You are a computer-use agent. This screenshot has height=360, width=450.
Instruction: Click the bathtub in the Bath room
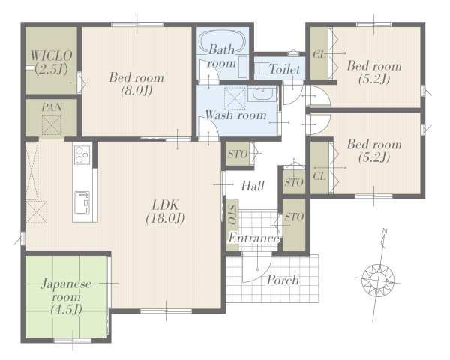pos(223,41)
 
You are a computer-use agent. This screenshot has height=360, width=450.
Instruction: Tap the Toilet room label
pos(285,69)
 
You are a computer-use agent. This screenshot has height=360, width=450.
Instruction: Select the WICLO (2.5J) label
pos(51,62)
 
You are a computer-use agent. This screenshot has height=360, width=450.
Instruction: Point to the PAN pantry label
pos(52,107)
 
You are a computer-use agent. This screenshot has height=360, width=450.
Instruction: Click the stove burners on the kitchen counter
pos(82,155)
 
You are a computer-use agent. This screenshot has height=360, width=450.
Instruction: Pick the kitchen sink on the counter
pos(82,202)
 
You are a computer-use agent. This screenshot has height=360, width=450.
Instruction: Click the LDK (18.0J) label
pos(165,212)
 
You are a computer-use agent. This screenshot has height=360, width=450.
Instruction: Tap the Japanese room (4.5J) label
pos(66,297)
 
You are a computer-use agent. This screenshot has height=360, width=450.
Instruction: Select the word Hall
pos(253,186)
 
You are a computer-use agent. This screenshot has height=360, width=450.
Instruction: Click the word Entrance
pos(253,238)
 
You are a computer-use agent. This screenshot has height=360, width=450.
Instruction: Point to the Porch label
pos(283,280)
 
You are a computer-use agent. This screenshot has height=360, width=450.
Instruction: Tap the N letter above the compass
pos(385,231)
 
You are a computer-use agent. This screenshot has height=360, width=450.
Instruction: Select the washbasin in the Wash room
pos(260,94)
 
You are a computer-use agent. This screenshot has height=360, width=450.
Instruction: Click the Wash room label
pos(236,115)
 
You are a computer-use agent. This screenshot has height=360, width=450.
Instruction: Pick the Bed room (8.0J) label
pos(136,84)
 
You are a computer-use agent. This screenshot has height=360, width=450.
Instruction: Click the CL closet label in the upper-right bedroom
pos(319,55)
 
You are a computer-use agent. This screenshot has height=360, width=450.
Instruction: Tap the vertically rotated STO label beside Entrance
pos(232,214)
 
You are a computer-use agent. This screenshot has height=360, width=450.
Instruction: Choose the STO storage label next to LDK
pos(238,154)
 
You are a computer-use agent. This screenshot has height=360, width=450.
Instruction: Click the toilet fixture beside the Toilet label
pos(260,69)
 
